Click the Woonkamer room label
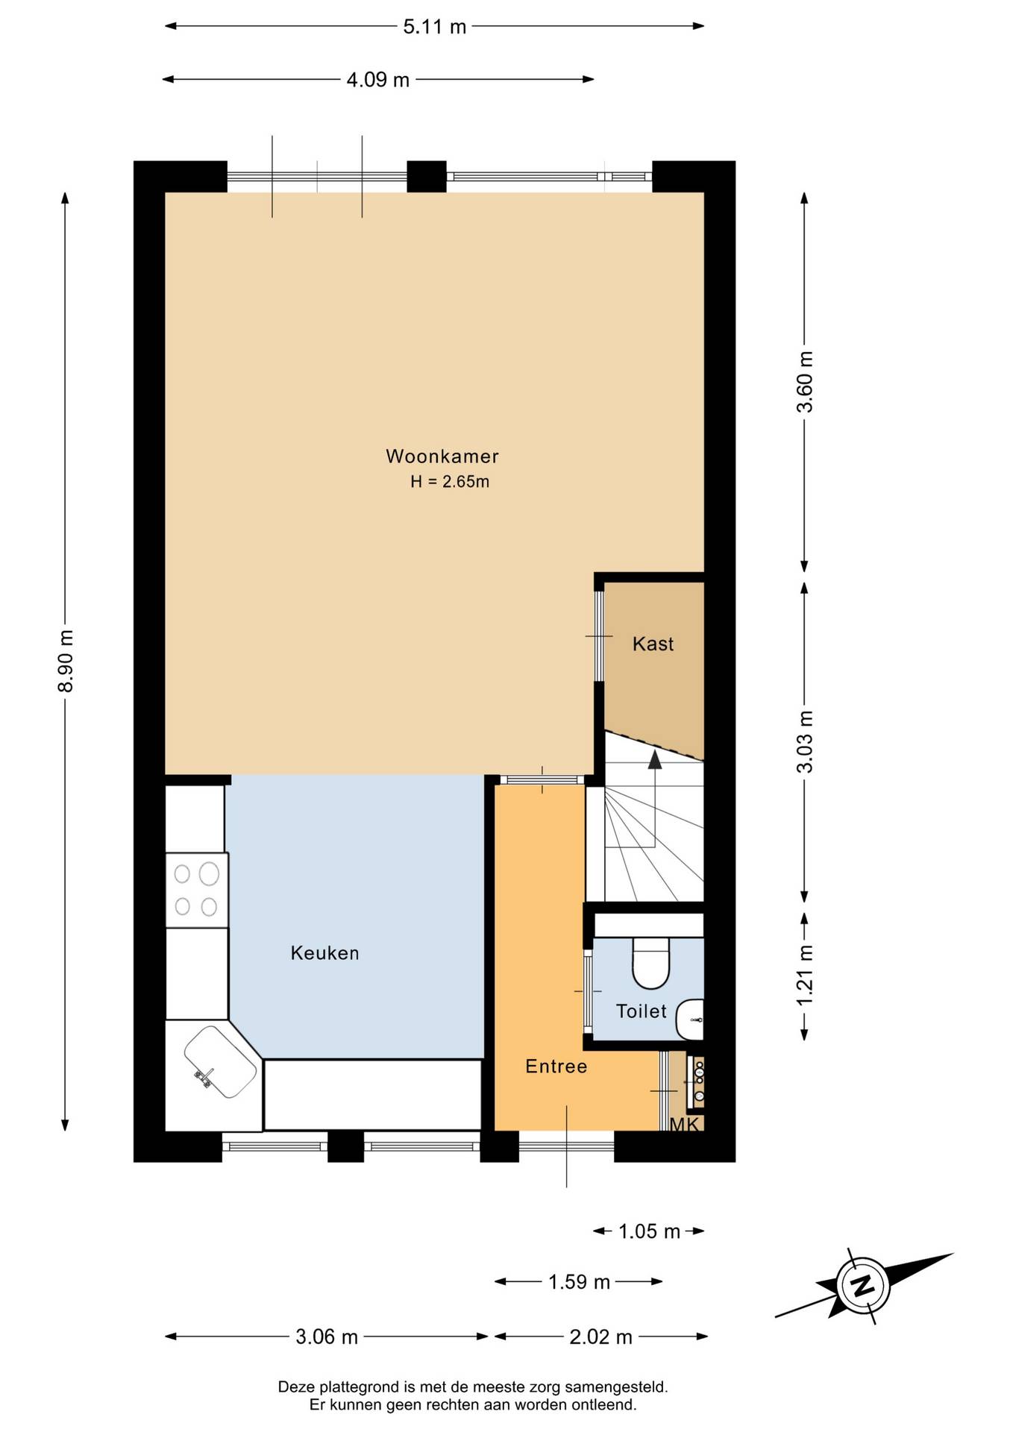442,456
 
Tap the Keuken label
324,953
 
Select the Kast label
653,644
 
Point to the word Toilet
641,1011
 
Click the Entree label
556,1067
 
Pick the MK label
684,1125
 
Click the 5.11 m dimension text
435,27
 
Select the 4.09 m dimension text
378,80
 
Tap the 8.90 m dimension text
66,661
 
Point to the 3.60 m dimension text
805,382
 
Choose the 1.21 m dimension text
805,975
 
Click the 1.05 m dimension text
649,1231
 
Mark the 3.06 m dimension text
327,1337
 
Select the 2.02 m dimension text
600,1337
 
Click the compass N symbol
863,1285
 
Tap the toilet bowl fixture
651,962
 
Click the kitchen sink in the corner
221,1062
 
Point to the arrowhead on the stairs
655,759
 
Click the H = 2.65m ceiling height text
450,482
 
